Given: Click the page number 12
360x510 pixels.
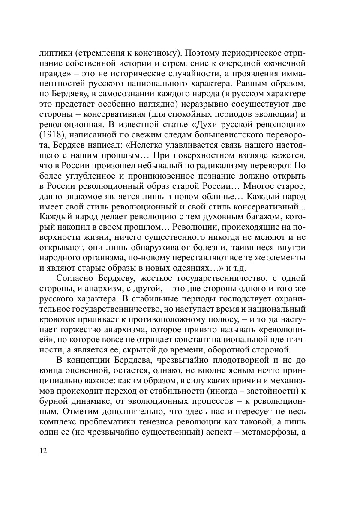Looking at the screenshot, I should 43,451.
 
